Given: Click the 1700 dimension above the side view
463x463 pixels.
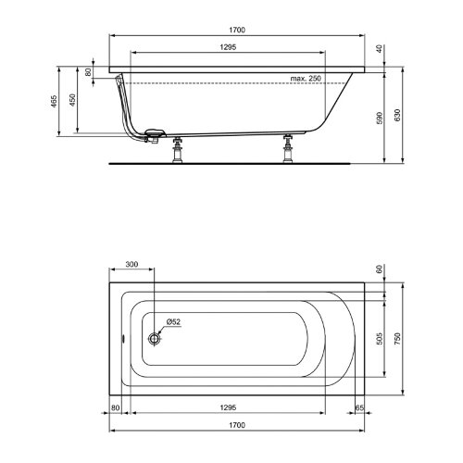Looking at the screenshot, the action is point(237,30).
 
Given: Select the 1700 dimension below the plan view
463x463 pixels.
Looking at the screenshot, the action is point(237,425).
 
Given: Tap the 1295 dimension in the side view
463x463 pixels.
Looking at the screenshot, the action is point(228,47).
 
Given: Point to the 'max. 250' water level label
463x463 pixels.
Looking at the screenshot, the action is point(306,79).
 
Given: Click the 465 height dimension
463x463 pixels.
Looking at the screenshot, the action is point(54,101).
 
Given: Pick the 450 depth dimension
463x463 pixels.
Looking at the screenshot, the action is point(72,100).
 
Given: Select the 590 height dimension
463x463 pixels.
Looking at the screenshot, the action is point(380,118).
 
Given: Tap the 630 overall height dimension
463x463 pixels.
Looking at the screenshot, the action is point(397,115).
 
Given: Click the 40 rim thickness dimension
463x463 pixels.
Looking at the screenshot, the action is point(380,49).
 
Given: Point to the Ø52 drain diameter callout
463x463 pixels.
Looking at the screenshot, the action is point(173,321).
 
